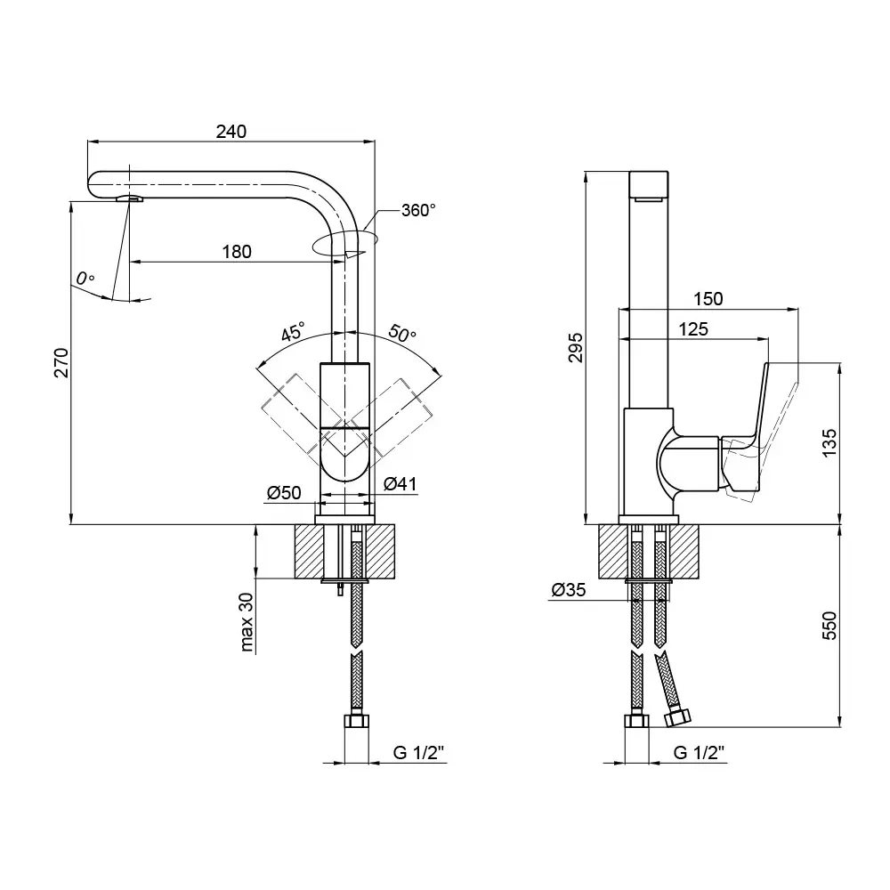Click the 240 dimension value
231,131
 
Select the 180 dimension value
236,252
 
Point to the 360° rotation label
418,211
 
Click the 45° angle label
293,334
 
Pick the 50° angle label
402,334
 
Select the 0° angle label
85,279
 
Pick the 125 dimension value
692,329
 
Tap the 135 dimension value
829,442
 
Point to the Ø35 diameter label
567,590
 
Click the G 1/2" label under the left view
418,753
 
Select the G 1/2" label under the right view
699,753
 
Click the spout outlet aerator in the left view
129,198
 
